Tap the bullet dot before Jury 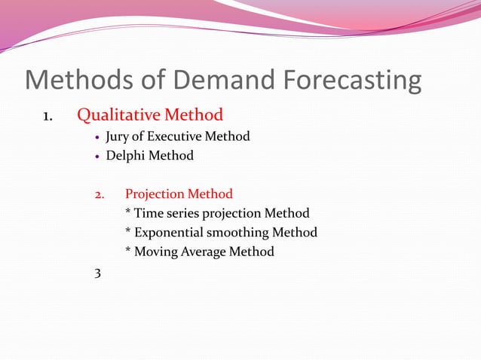pos(98,138)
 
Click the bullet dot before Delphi pos(98,157)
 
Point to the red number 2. pos(100,194)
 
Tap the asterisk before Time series pos(128,212)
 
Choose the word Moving pos(156,252)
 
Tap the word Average pos(203,252)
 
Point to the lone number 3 pos(97,272)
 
